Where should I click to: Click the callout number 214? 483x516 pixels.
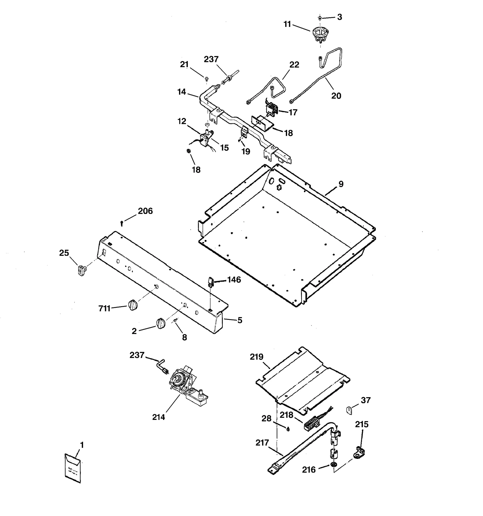pos(158,417)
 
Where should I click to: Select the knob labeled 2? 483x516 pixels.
pos(161,323)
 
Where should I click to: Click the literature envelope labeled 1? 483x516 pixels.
pos(73,468)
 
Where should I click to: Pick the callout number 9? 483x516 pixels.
pos(341,184)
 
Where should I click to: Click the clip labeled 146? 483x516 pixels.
pos(210,283)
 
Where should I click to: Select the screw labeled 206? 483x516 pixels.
pos(121,223)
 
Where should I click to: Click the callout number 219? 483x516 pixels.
pos(257,357)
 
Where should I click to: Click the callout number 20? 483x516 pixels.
pos(336,96)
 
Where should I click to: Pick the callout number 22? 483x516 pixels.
pos(294,65)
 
